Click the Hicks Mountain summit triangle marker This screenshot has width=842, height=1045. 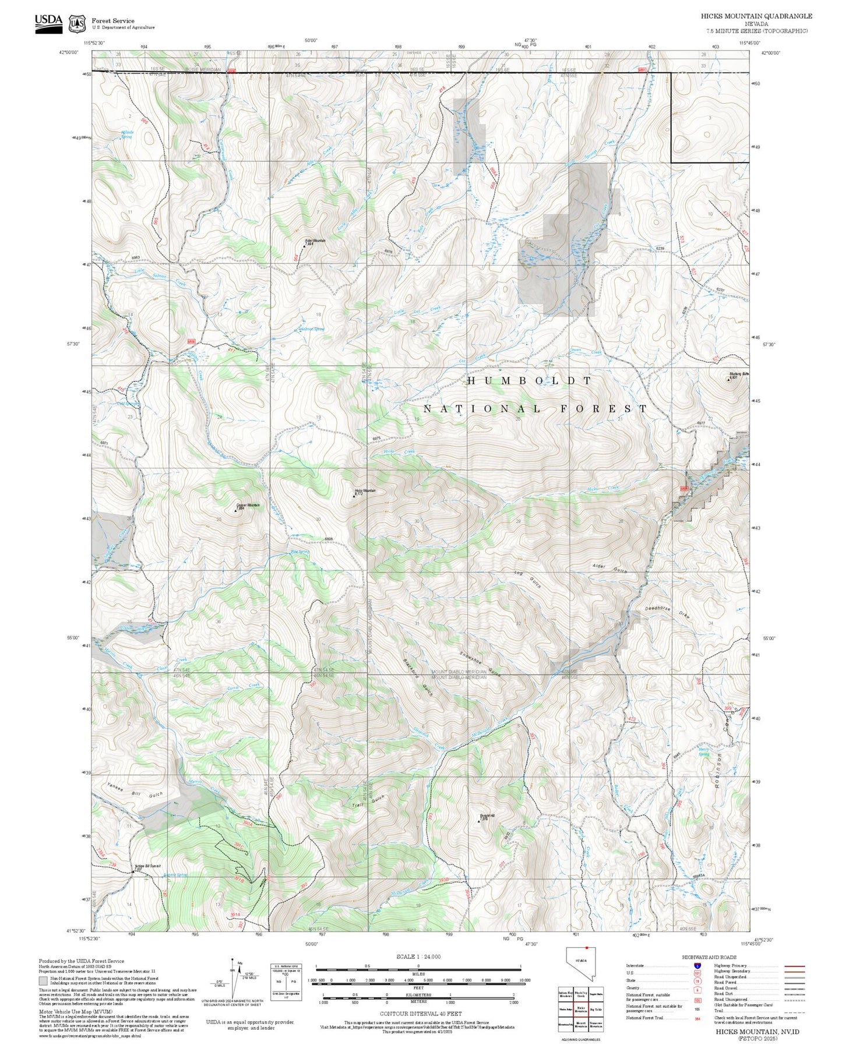[354, 496]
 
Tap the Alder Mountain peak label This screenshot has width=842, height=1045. [315, 241]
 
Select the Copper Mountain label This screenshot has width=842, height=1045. [248, 505]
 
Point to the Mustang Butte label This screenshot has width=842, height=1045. [738, 374]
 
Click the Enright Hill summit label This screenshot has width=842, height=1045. [487, 815]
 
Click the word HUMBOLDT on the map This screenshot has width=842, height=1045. [529, 380]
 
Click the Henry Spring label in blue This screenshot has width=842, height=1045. [704, 751]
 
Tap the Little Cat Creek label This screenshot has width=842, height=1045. [417, 310]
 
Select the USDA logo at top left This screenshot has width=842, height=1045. [48, 23]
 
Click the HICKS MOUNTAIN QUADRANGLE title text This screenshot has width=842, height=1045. [756, 16]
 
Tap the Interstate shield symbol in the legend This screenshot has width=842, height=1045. [697, 965]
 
